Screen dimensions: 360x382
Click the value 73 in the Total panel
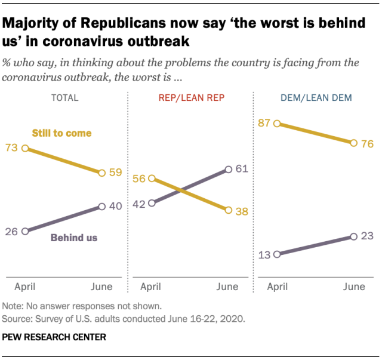click(x=11, y=147)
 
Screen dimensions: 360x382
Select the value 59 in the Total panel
click(x=115, y=173)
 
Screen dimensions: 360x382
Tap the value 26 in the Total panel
click(x=11, y=231)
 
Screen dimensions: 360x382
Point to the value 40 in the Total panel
click(x=115, y=206)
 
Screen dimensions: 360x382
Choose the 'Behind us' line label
click(x=73, y=238)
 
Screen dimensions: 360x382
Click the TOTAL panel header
click(x=64, y=98)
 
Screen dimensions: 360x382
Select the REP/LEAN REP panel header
click(x=191, y=98)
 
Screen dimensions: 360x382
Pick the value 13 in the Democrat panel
click(x=264, y=254)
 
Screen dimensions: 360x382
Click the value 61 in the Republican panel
click(x=242, y=170)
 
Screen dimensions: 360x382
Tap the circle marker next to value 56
click(x=152, y=178)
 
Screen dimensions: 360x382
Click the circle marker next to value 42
click(x=152, y=203)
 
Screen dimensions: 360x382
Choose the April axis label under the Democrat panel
click(x=279, y=287)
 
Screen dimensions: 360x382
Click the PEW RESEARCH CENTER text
click(x=54, y=337)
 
